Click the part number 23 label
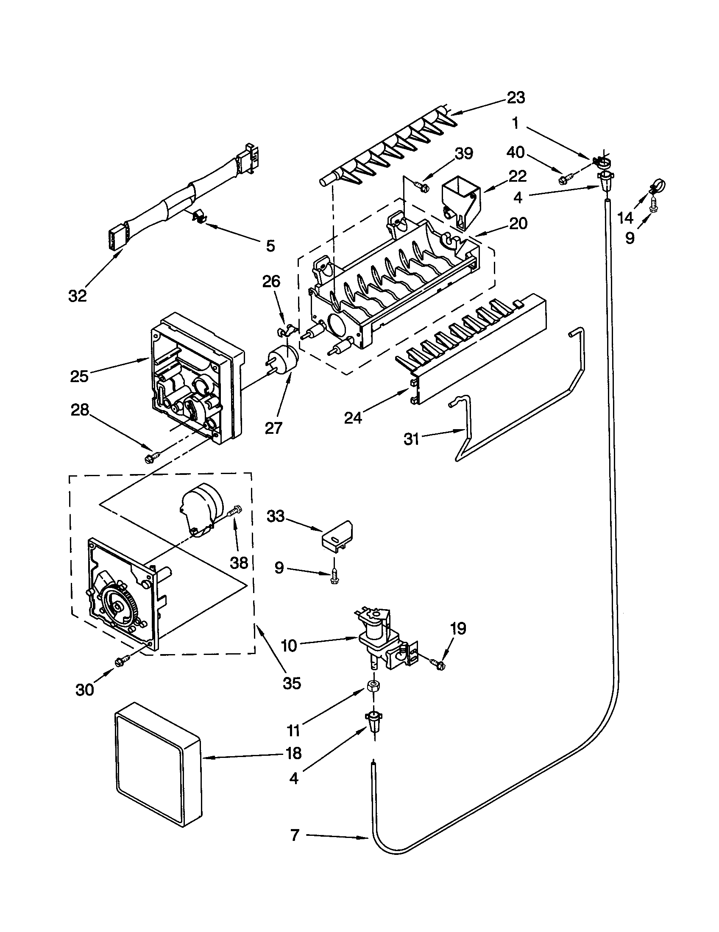516,98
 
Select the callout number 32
77,295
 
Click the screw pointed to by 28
152,457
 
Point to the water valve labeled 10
379,640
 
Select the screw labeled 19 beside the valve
438,664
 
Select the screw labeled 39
421,186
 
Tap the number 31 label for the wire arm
412,439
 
